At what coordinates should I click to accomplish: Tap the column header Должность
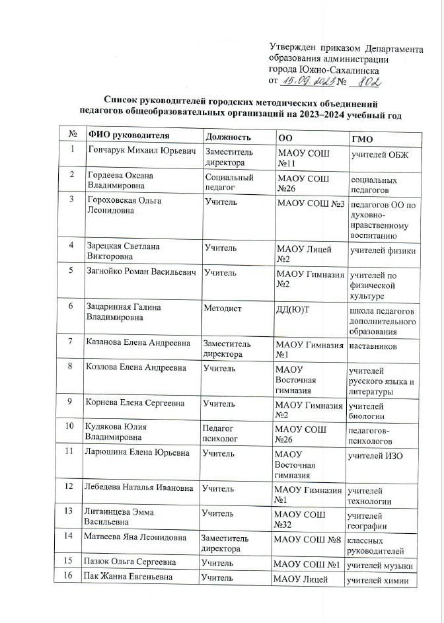227,137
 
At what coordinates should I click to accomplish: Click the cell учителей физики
383,250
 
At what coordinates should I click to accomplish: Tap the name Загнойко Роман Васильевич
142,272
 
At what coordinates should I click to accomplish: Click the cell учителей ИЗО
376,456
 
